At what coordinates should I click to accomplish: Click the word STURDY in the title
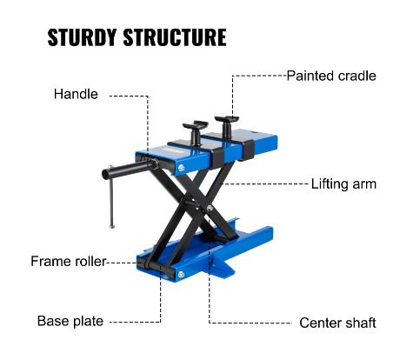(82, 37)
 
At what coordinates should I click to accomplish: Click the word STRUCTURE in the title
(175, 37)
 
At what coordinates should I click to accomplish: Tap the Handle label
(76, 94)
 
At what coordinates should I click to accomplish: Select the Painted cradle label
(331, 76)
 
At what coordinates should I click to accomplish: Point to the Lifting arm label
(343, 184)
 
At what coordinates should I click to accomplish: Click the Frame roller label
(69, 262)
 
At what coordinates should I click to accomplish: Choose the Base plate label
(70, 321)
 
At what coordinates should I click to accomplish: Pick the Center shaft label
(337, 323)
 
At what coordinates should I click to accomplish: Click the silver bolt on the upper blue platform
(182, 168)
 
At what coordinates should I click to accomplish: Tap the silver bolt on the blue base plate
(182, 274)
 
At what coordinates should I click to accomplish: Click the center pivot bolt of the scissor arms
(210, 208)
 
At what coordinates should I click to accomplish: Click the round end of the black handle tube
(106, 174)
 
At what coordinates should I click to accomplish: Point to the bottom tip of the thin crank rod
(111, 226)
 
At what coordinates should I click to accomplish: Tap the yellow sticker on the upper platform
(172, 150)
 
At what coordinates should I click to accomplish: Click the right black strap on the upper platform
(249, 150)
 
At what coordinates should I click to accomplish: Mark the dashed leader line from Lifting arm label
(264, 183)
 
